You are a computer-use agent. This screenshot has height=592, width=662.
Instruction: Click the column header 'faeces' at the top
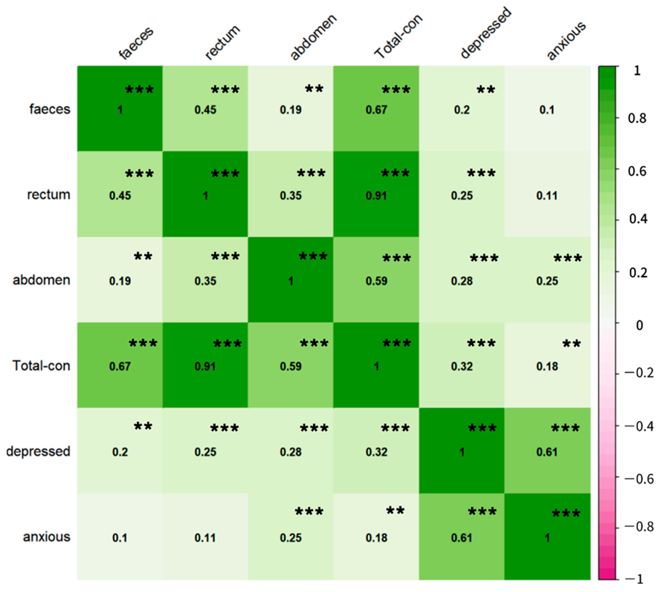[136, 43]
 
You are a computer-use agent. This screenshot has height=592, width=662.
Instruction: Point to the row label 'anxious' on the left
[47, 537]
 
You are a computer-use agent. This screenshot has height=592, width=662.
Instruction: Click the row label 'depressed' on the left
[38, 451]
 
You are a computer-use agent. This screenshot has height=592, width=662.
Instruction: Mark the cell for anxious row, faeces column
[120, 537]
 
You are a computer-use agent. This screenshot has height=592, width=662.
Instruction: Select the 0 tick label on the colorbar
[639, 325]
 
